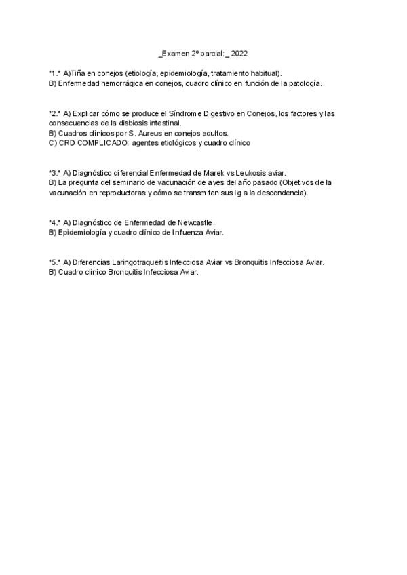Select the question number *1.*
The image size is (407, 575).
tap(54, 73)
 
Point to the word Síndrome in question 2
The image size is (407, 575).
tap(195, 113)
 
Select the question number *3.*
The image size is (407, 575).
tap(54, 173)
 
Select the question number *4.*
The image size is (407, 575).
tap(54, 222)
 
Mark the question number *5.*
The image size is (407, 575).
tap(54, 262)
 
